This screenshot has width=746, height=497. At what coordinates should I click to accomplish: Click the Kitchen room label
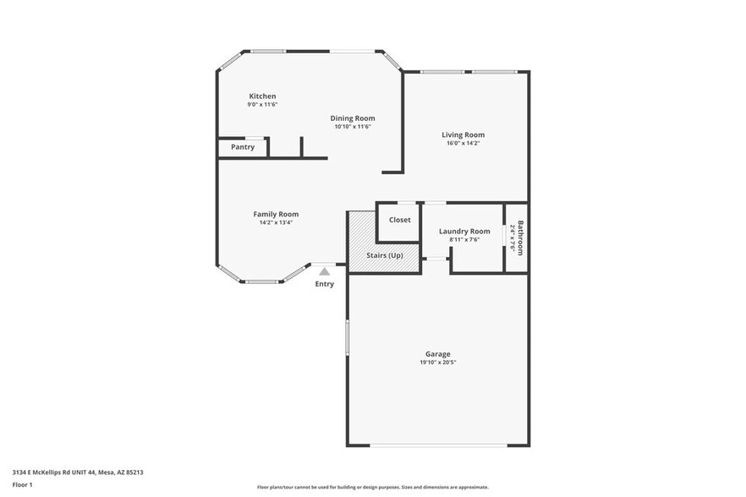pyautogui.click(x=262, y=96)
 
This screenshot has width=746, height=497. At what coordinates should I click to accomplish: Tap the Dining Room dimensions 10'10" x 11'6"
pyautogui.click(x=353, y=127)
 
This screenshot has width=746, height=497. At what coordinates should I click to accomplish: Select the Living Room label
pyautogui.click(x=463, y=134)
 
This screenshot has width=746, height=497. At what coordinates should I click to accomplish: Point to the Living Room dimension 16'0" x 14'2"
pyautogui.click(x=463, y=143)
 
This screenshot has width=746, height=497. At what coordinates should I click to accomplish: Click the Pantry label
pyautogui.click(x=243, y=147)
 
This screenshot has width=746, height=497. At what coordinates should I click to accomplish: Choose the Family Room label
pyautogui.click(x=276, y=214)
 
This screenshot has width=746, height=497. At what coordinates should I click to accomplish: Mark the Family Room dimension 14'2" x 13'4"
pyautogui.click(x=276, y=223)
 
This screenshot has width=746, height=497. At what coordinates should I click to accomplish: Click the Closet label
pyautogui.click(x=399, y=220)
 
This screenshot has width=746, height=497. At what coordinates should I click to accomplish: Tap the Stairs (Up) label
pyautogui.click(x=384, y=254)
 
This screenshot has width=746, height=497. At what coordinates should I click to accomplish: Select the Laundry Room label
pyautogui.click(x=464, y=231)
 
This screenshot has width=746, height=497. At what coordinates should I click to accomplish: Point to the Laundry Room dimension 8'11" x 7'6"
pyautogui.click(x=464, y=239)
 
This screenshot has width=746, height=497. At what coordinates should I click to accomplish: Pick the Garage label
pyautogui.click(x=437, y=353)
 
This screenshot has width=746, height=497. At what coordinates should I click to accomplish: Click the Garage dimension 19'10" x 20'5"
pyautogui.click(x=437, y=362)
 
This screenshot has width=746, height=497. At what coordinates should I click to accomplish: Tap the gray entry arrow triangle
pyautogui.click(x=325, y=271)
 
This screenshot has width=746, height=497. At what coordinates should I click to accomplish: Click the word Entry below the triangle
pyautogui.click(x=325, y=284)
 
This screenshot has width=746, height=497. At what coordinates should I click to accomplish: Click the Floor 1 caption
pyautogui.click(x=22, y=484)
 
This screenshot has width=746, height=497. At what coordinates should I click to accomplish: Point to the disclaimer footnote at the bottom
pyautogui.click(x=373, y=487)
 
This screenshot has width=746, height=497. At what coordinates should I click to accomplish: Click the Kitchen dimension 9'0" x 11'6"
pyautogui.click(x=262, y=105)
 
